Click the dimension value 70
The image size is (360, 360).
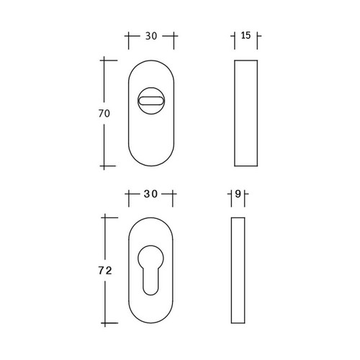click(104, 113)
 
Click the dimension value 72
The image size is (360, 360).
click(105, 271)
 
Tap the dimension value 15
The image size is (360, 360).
click(246, 35)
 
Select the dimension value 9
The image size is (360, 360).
click(238, 194)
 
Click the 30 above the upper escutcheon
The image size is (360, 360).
click(151, 36)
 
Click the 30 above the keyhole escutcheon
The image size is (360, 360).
click(150, 194)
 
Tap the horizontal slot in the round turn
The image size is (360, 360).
click(151, 101)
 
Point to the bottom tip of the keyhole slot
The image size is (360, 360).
click(150, 295)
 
